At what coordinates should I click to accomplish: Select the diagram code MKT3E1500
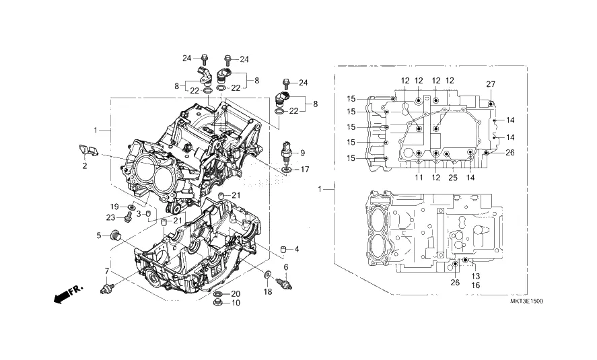pos(526,301)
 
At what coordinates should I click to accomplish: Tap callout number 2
pos(85,166)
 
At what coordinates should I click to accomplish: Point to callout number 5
pos(98,236)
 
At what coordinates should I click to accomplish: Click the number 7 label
pos(106,271)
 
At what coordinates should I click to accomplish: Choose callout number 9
pos(302,153)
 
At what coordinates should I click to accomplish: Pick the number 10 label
pos(236,303)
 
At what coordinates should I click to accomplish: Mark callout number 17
pos(305,170)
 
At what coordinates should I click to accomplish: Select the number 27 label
pos(491,83)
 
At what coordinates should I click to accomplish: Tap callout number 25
pos(452,178)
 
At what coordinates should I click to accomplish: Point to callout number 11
pos(418,178)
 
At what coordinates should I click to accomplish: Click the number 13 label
pos(475,277)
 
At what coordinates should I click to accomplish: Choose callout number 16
pos(475,286)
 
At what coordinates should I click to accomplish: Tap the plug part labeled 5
pos(114,236)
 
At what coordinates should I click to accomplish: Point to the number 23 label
pos(110,217)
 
